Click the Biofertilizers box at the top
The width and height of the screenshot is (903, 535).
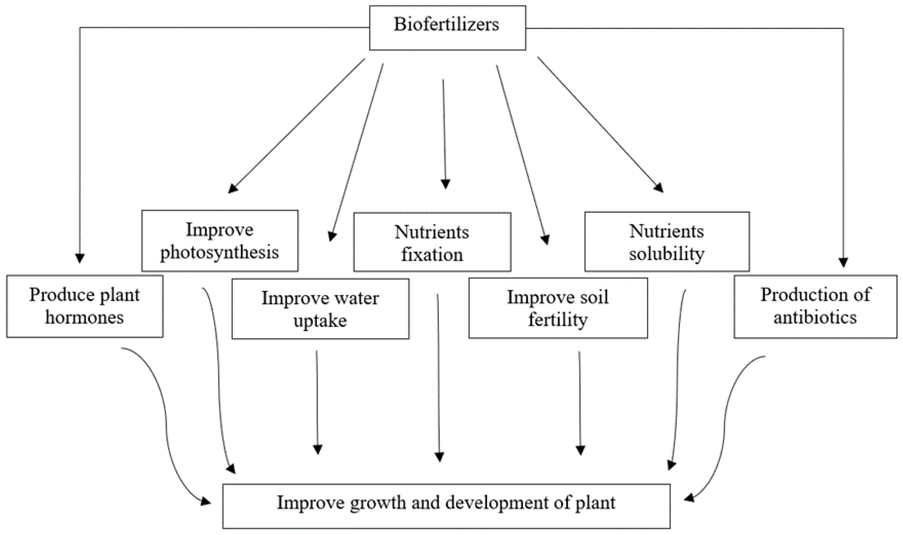(447, 28)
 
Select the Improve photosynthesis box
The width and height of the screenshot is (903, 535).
(220, 240)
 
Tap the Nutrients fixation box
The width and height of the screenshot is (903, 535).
(432, 242)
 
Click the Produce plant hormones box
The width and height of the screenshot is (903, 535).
(84, 306)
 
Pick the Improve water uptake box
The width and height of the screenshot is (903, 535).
(320, 309)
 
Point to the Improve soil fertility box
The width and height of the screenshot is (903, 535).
(558, 308)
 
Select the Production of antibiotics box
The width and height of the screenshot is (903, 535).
(815, 307)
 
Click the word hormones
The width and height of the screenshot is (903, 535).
(84, 318)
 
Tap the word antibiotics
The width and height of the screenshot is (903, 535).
(815, 318)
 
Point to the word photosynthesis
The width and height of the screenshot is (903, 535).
(220, 252)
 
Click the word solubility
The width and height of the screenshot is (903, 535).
(666, 254)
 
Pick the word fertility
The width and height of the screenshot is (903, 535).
(558, 320)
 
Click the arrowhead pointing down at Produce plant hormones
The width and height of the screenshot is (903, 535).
(80, 258)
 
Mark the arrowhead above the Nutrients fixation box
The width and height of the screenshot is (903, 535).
(445, 184)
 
